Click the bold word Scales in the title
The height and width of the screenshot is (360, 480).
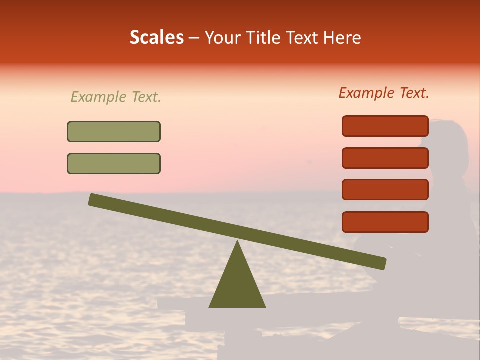(x=156, y=38)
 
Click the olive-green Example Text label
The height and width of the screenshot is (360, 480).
(x=116, y=97)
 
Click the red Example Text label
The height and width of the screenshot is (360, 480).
(x=384, y=93)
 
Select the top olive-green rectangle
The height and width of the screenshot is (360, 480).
(x=114, y=131)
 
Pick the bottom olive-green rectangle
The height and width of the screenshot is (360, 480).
(x=114, y=163)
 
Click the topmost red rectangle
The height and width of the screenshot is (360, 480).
(x=385, y=126)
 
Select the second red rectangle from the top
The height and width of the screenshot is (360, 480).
(x=385, y=158)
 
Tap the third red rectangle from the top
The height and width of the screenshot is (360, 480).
(x=385, y=190)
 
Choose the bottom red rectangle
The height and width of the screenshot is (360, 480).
(x=385, y=222)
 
